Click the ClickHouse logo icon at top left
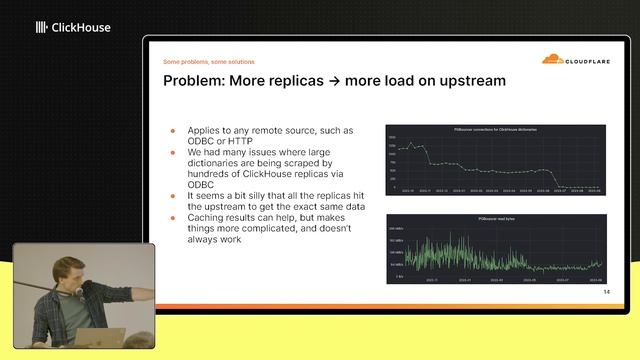(41, 28)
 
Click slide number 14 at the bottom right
(605, 292)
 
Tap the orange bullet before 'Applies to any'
(172, 131)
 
